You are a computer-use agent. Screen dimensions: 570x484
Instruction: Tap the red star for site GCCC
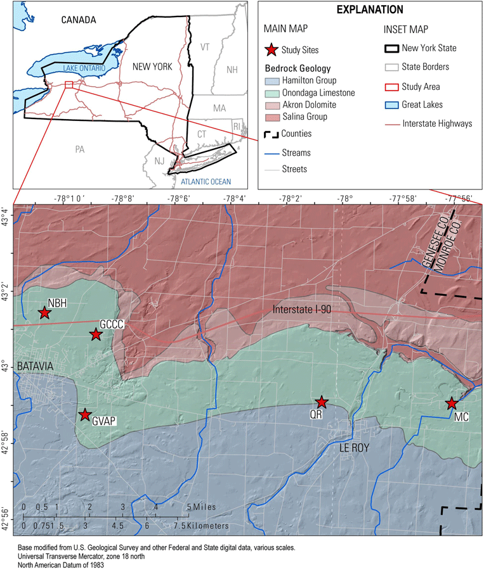pyautogui.click(x=96, y=334)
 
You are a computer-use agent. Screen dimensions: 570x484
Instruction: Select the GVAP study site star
pyautogui.click(x=84, y=415)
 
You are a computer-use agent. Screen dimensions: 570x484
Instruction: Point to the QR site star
pyautogui.click(x=322, y=402)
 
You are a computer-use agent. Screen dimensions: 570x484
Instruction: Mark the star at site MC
pyautogui.click(x=452, y=403)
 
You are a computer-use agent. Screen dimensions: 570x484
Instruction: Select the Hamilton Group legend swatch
pyautogui.click(x=271, y=81)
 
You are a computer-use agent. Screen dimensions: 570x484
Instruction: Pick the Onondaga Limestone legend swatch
pyautogui.click(x=271, y=93)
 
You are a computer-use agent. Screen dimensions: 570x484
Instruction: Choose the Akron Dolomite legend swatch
pyautogui.click(x=271, y=105)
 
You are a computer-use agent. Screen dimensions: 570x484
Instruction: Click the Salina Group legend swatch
pyautogui.click(x=271, y=117)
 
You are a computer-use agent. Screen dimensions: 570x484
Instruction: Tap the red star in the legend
pyautogui.click(x=271, y=49)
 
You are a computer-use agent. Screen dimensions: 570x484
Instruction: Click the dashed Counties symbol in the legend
pyautogui.click(x=271, y=134)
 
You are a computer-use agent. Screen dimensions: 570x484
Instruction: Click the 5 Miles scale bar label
pyautogui.click(x=197, y=507)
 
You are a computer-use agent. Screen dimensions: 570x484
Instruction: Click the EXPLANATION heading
pyautogui.click(x=370, y=10)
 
